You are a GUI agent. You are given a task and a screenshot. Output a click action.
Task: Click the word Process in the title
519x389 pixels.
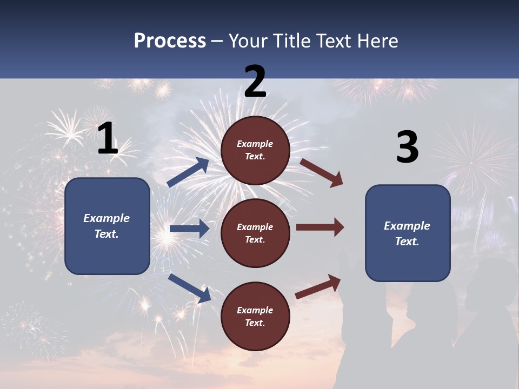coord(170,41)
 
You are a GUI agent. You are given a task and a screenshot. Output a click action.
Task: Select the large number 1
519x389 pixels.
coord(108,139)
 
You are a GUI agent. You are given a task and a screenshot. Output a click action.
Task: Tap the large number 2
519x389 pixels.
coord(255,82)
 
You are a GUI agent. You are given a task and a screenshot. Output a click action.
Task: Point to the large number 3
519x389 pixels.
coord(407,147)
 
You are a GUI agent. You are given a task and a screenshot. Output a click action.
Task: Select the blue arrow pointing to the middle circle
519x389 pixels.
coord(189,229)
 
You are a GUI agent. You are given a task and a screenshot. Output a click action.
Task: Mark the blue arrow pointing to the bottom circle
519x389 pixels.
coord(189,288)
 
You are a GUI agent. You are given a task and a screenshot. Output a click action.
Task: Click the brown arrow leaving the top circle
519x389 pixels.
coord(321,173)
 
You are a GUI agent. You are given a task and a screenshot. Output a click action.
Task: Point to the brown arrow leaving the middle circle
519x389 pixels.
coord(320,227)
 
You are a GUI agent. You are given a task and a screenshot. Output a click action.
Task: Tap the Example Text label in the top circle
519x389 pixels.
coord(255,150)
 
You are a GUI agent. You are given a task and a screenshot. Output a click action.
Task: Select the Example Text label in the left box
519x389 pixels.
coord(107,226)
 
